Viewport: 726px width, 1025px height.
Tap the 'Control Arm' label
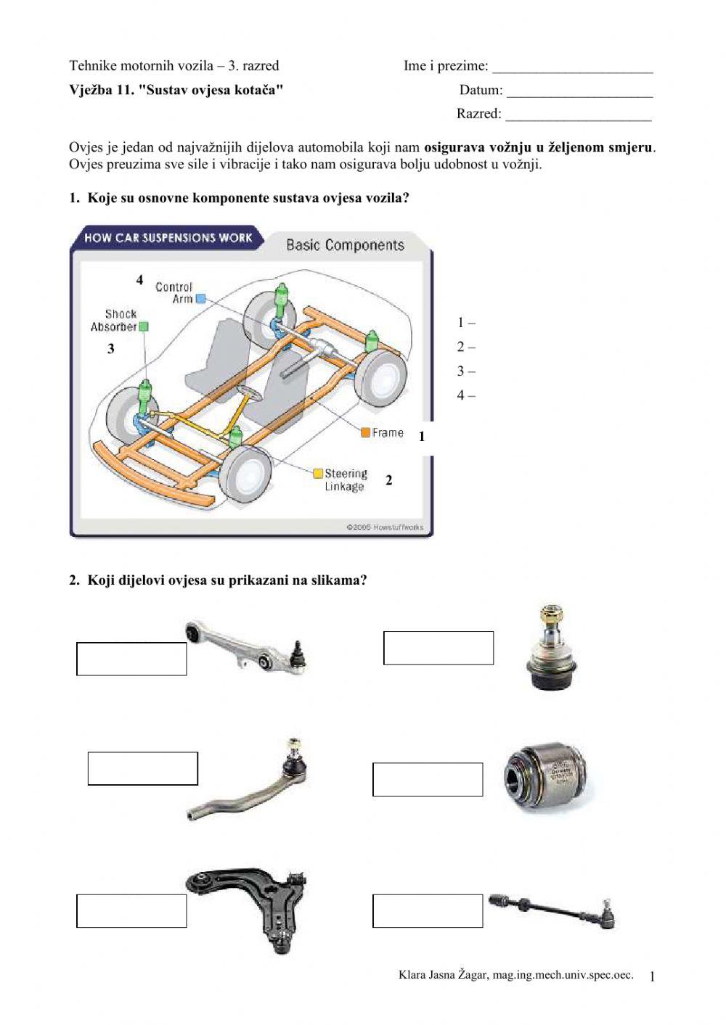click(174, 293)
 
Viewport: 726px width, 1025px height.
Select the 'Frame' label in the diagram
click(388, 433)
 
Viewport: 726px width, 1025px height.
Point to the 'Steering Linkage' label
click(346, 479)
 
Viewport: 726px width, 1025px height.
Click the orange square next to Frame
click(366, 433)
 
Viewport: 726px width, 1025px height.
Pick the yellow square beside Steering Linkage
click(318, 474)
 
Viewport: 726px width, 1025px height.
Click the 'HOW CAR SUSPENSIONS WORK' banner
click(168, 237)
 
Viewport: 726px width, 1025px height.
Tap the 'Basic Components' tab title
click(345, 245)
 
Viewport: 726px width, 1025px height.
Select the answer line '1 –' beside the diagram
click(466, 323)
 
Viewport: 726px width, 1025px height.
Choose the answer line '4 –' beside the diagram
click(466, 395)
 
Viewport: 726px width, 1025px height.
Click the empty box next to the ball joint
click(439, 648)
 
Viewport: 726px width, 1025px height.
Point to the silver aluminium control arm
click(247, 648)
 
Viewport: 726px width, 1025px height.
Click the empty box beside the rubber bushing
click(428, 779)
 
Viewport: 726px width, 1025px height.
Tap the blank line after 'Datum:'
click(579, 91)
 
